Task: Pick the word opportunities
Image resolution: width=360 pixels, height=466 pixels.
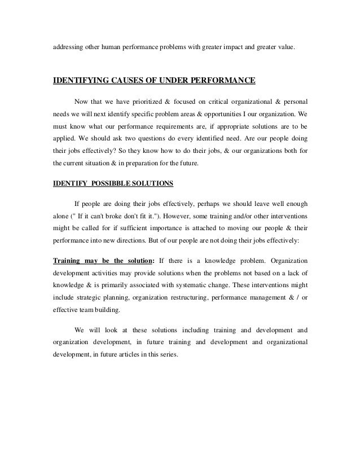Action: tap(214, 114)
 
